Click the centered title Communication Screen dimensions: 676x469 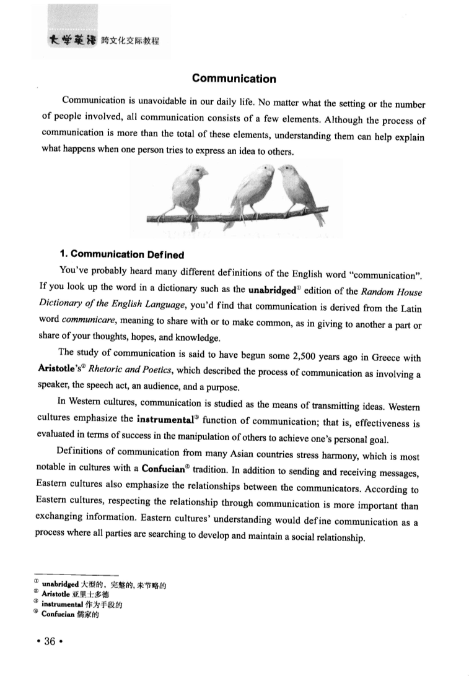click(234, 79)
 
